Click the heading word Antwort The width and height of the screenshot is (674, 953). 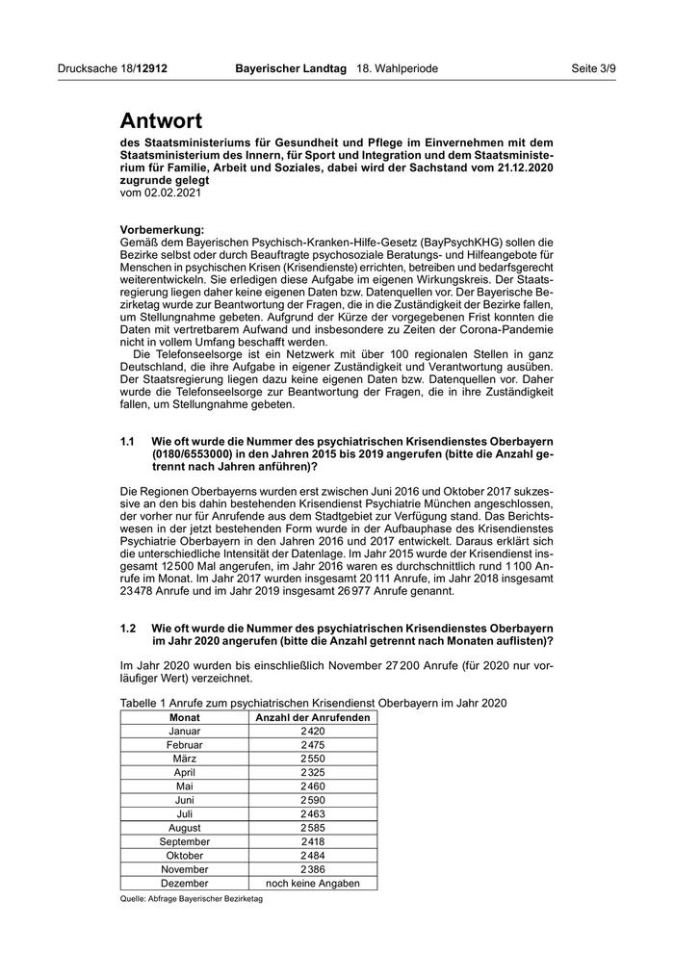click(x=161, y=121)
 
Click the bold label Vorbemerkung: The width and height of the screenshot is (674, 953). click(x=162, y=229)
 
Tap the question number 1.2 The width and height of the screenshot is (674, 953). click(x=128, y=628)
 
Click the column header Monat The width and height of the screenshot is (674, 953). click(x=185, y=717)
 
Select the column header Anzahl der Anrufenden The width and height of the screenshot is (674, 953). click(x=313, y=717)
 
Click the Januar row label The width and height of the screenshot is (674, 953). click(x=185, y=732)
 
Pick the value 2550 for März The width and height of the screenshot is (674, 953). click(x=313, y=759)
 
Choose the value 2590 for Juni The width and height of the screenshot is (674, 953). click(x=313, y=800)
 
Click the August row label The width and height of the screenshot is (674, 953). click(x=185, y=828)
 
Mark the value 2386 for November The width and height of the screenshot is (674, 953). click(x=313, y=869)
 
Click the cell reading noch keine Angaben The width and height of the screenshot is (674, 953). click(x=313, y=883)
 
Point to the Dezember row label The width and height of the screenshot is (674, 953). click(x=185, y=883)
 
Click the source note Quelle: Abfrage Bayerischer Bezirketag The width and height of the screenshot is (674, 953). click(x=192, y=899)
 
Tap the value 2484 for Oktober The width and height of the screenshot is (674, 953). click(x=313, y=855)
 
